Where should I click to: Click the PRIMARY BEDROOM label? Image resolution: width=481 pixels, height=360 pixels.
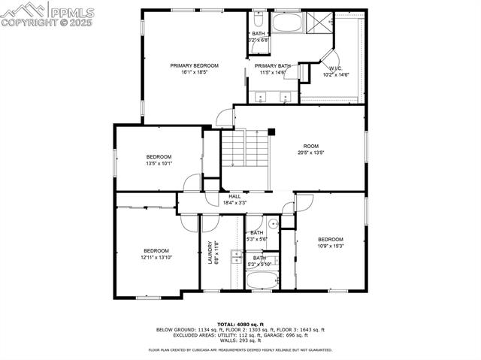(x=194, y=66)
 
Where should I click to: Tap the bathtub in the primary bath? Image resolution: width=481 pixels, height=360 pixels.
(x=286, y=23)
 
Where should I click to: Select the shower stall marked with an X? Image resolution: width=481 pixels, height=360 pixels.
(x=323, y=22)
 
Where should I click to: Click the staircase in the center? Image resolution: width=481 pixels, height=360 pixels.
(x=245, y=158)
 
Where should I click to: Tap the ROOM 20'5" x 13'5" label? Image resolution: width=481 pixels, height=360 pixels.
(x=310, y=150)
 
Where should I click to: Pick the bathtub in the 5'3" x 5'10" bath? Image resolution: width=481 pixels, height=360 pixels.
(x=262, y=280)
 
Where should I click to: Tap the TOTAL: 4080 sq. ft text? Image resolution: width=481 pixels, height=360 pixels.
(x=240, y=323)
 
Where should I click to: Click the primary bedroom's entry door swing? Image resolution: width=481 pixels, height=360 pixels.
(x=224, y=118)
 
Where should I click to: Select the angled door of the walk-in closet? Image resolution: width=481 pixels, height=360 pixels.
(x=329, y=58)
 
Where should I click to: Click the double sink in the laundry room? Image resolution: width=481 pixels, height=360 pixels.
(x=235, y=259)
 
